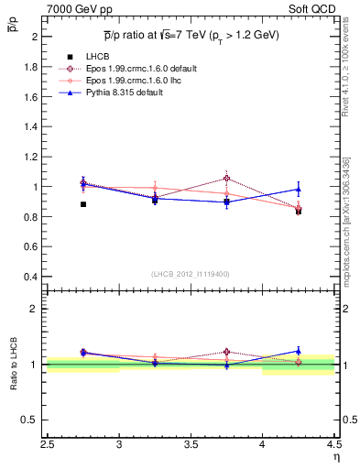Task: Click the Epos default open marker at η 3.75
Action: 226,179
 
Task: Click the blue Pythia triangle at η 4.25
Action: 299,190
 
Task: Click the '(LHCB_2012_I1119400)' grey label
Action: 191,274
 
